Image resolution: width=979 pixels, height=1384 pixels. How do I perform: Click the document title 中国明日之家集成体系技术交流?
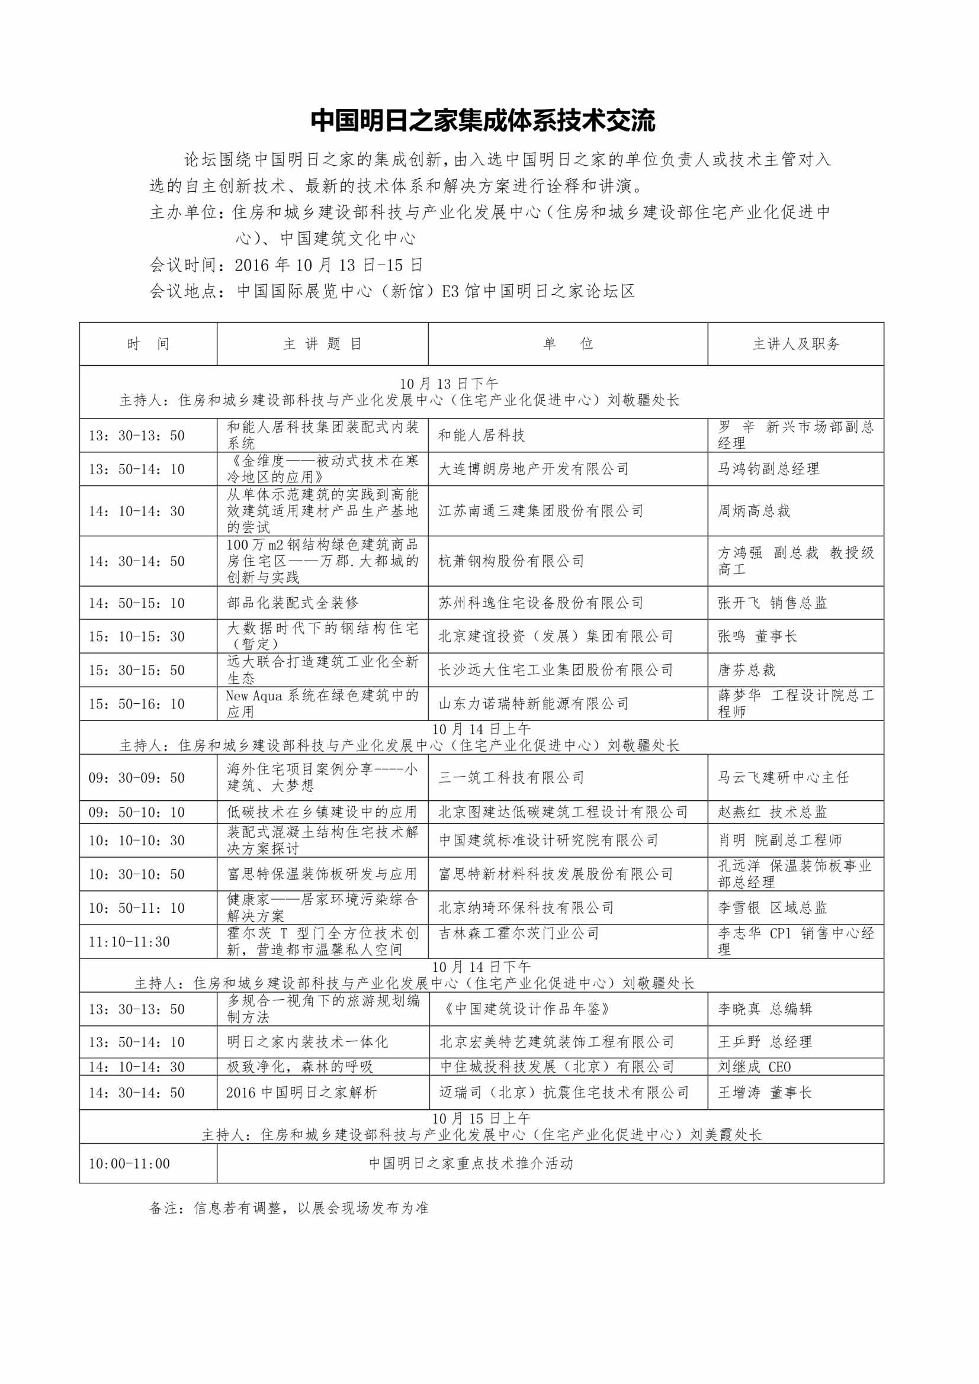483,121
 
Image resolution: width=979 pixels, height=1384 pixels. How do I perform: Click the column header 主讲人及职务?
795,343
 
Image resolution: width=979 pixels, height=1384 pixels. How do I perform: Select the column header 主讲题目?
322,343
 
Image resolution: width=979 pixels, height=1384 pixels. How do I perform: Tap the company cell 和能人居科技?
481,435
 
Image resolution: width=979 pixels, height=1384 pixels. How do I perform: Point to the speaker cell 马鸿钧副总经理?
768,469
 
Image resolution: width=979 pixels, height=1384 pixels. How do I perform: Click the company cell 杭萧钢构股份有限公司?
511,561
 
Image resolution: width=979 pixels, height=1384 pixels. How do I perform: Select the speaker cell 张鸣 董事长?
757,636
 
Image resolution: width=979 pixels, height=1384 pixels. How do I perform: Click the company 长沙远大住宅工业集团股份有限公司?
555,670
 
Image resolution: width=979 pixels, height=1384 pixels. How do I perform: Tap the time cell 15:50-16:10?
136,703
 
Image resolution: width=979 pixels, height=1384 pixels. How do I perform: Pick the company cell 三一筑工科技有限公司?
511,778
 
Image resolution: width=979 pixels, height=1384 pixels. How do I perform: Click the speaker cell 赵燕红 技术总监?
772,812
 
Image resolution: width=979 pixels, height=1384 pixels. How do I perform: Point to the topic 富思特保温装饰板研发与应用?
322,874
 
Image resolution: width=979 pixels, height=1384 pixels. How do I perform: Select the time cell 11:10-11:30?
129,942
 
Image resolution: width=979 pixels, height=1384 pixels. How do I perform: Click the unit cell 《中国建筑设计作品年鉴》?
525,1009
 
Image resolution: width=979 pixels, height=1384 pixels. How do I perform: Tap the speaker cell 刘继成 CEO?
754,1067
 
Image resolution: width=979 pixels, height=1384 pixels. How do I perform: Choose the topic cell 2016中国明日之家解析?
301,1092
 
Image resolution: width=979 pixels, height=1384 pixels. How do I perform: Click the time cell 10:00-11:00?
129,1163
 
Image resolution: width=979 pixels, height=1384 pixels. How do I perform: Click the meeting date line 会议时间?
286,265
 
